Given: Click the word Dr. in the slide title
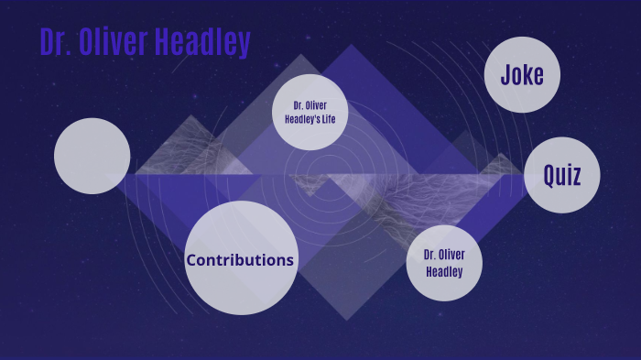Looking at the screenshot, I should click(x=54, y=43).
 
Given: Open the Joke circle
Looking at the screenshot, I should click(x=522, y=74).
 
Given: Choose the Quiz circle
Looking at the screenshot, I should click(x=562, y=175).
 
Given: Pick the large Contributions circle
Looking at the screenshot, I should click(x=240, y=258).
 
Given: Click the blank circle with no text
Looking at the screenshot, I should click(x=92, y=157).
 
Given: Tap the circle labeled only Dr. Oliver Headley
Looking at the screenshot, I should click(x=444, y=263).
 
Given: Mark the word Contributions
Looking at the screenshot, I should click(x=240, y=260).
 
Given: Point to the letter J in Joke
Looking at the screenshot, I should click(x=505, y=74).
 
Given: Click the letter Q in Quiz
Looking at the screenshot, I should click(x=549, y=176).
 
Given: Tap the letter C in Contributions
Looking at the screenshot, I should click(x=192, y=260).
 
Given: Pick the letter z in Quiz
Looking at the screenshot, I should click(x=577, y=176).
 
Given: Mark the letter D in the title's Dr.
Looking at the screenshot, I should click(x=47, y=43).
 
